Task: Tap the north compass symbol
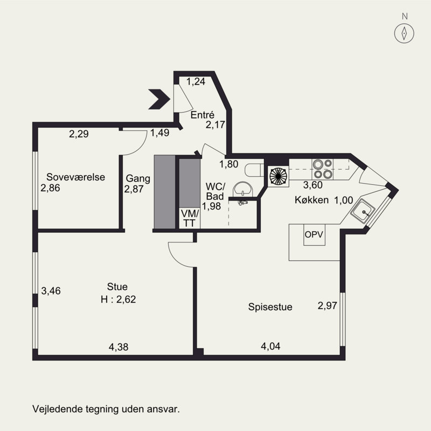[405, 33]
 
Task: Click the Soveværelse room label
[75, 177]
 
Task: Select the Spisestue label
[270, 307]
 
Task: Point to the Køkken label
[312, 200]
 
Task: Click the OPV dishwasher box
[314, 235]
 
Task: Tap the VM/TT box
[190, 218]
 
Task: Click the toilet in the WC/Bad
[254, 170]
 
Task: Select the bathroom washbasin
[243, 189]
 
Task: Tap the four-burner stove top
[322, 169]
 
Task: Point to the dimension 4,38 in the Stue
[119, 347]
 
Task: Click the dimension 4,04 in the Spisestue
[270, 346]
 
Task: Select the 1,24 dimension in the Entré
[196, 82]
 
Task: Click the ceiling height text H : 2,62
[118, 299]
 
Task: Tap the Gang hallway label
[138, 179]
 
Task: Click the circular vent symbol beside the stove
[278, 176]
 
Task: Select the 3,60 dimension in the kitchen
[313, 185]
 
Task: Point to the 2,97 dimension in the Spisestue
[328, 305]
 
